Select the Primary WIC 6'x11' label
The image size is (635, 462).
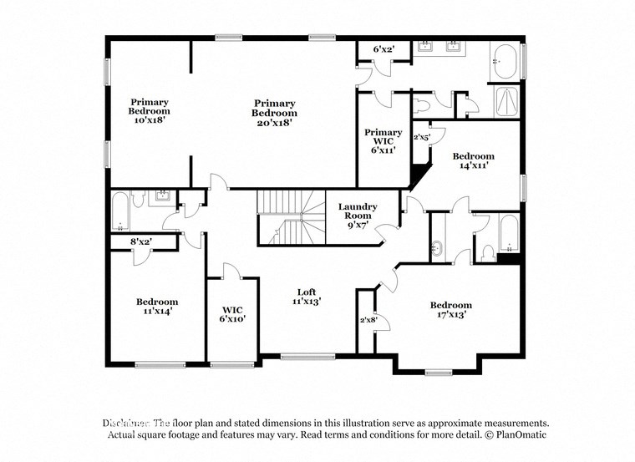[x=384, y=143]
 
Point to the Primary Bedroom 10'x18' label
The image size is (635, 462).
[x=149, y=110]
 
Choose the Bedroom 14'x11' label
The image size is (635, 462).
[x=473, y=160]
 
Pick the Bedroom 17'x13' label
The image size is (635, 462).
[x=450, y=310]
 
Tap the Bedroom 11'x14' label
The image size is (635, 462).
[x=157, y=307]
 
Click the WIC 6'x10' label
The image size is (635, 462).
[x=233, y=313]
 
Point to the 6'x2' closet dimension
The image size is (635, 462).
[x=382, y=50]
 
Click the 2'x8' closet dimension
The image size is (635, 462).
[x=368, y=319]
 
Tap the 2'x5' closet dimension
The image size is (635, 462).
[x=422, y=137]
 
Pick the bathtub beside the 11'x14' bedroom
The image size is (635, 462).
[x=121, y=212]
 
